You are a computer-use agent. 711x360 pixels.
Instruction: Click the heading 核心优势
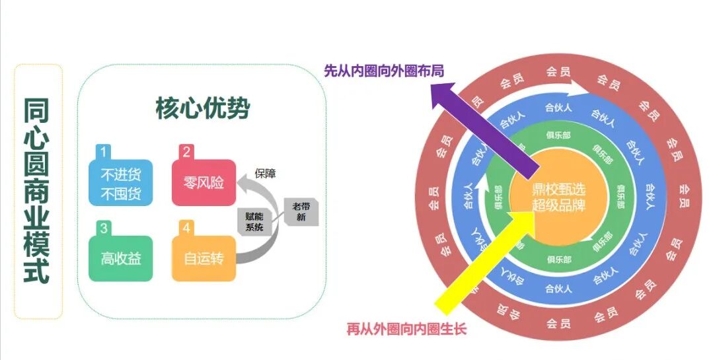(202, 109)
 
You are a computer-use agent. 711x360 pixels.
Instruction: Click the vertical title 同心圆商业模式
(38, 192)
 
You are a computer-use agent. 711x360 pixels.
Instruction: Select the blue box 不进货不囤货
(121, 185)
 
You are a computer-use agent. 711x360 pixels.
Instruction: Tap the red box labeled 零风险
(204, 183)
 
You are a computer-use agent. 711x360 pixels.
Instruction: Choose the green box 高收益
(121, 259)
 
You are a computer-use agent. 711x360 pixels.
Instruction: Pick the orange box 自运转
(204, 259)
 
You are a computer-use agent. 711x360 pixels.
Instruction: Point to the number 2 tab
(186, 152)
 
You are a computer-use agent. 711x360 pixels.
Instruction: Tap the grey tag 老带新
(301, 212)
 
